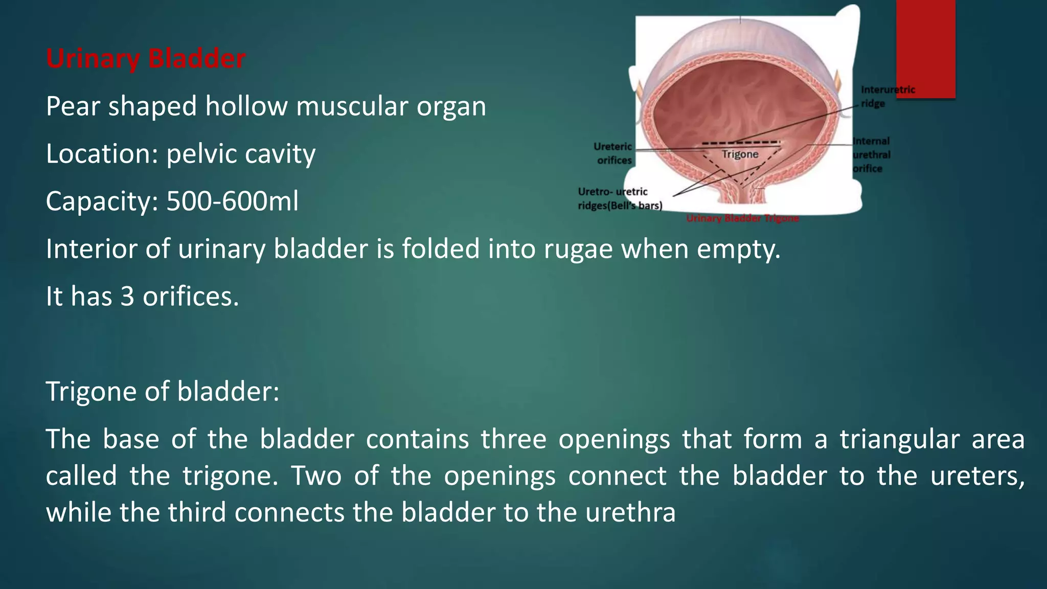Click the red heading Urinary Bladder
[146, 58]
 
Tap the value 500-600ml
[232, 201]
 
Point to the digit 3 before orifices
[127, 297]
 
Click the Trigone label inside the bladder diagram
[740, 154]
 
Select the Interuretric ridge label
[887, 96]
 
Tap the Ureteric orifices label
[613, 153]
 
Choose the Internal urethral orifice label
[871, 154]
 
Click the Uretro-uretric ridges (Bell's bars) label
[620, 198]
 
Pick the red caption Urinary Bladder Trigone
[742, 218]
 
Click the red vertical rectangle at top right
[925, 49]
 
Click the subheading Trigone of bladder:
[163, 392]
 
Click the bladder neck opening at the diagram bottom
[741, 197]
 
